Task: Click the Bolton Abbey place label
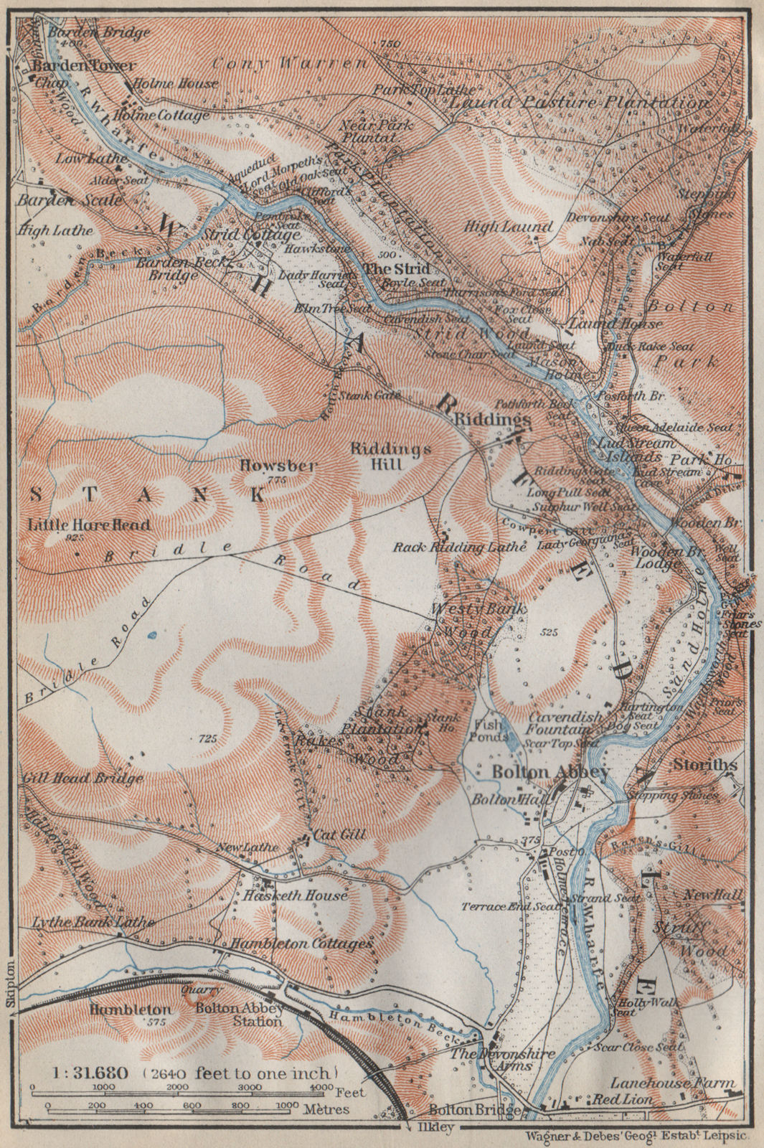point(550,773)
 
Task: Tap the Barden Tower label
point(82,65)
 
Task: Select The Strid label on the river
point(397,268)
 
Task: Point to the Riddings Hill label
point(391,456)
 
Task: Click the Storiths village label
point(705,766)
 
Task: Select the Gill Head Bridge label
point(83,778)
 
